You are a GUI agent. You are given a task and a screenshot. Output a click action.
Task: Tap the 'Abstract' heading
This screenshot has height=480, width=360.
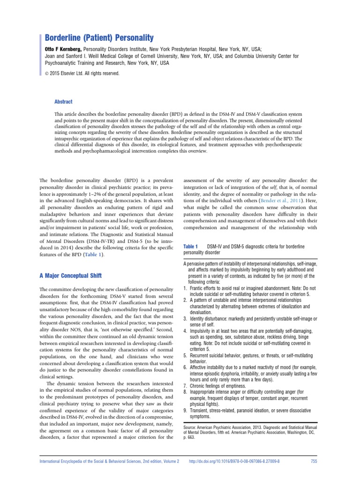point(64,102)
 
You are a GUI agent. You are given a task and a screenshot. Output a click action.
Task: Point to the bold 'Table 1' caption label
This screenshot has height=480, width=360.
point(191,246)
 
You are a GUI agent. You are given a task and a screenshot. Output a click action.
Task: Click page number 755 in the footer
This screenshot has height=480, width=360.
point(315,461)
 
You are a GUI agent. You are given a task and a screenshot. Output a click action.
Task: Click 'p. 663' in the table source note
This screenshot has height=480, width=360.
point(189,439)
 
